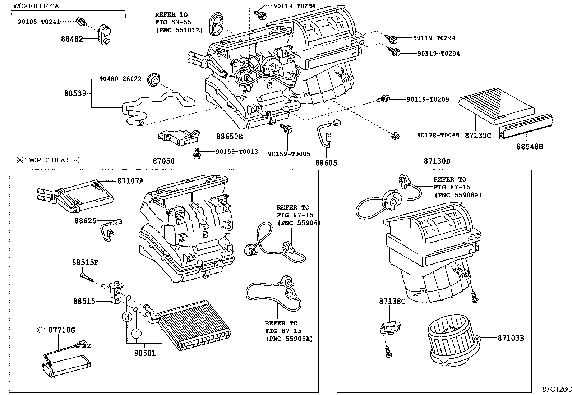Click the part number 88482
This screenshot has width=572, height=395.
pos(71,39)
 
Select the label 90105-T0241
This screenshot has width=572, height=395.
pos(39,22)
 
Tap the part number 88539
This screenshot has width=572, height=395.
pos(75,93)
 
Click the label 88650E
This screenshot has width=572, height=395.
pos(229,137)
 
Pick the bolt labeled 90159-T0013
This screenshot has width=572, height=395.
pos(196,153)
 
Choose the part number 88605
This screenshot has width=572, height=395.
pos(326,163)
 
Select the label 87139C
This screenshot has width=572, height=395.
pos(478,136)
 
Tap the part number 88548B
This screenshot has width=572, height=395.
pos(530,146)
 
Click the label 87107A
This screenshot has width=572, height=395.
pos(130,181)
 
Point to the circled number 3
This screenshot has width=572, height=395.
pos(126,317)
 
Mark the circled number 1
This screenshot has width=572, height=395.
pos(137,334)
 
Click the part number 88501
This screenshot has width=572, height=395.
pos(145,353)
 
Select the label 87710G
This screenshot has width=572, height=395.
pos(62,330)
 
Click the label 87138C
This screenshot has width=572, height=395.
pos(392,301)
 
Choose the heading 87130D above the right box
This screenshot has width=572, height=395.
pos(437,161)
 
